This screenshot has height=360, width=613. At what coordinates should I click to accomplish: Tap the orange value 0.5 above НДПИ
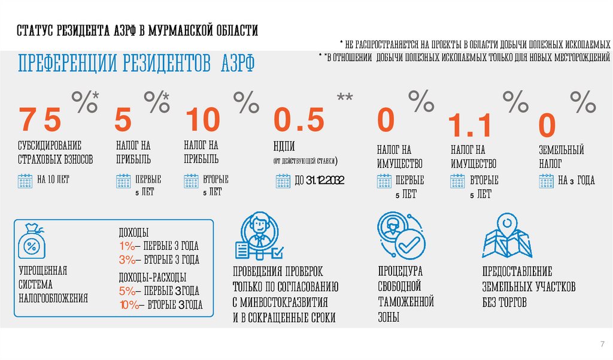coord(299,120)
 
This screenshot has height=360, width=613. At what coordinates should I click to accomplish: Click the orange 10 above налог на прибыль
coord(202,120)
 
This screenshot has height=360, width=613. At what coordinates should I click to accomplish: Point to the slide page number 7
coord(602,343)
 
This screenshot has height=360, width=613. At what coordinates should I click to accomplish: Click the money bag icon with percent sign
coord(32,242)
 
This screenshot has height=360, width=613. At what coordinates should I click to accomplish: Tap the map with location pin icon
coord(506,236)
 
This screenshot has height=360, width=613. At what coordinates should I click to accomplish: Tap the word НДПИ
coord(284,148)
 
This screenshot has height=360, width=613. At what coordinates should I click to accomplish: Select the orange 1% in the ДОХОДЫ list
coord(128,246)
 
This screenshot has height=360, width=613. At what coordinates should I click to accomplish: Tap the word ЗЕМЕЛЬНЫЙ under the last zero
coord(561,150)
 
